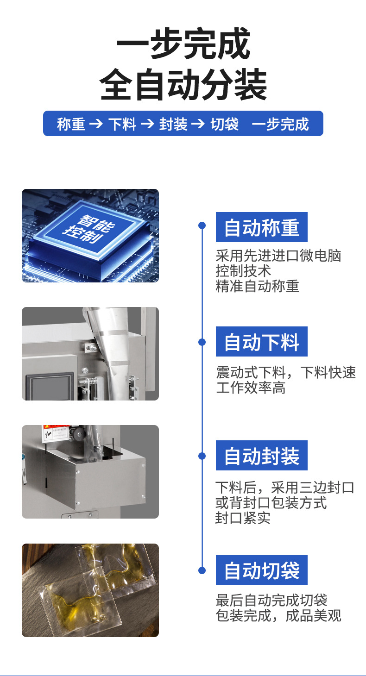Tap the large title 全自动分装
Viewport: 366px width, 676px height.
click(x=183, y=84)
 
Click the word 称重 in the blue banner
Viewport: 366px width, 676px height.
click(x=71, y=124)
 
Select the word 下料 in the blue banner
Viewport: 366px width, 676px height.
click(x=122, y=124)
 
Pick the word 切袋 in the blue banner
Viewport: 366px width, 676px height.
click(x=224, y=124)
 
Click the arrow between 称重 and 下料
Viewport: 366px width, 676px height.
click(x=96, y=124)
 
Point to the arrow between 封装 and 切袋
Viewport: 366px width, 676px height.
click(x=198, y=124)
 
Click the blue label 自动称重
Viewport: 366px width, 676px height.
click(x=261, y=227)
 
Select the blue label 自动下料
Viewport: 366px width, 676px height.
click(x=261, y=341)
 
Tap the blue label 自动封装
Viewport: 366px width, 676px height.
click(x=261, y=455)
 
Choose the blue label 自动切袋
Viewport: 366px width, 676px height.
click(x=261, y=570)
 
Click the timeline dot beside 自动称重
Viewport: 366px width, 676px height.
click(x=202, y=225)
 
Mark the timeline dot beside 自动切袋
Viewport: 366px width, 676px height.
click(x=202, y=570)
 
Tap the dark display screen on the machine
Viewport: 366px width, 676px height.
click(x=50, y=387)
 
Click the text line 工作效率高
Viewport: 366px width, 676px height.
click(x=251, y=388)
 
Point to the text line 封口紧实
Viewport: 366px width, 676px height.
click(x=243, y=518)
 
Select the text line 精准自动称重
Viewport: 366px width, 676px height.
click(x=257, y=286)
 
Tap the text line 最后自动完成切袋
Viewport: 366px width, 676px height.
click(x=271, y=600)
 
